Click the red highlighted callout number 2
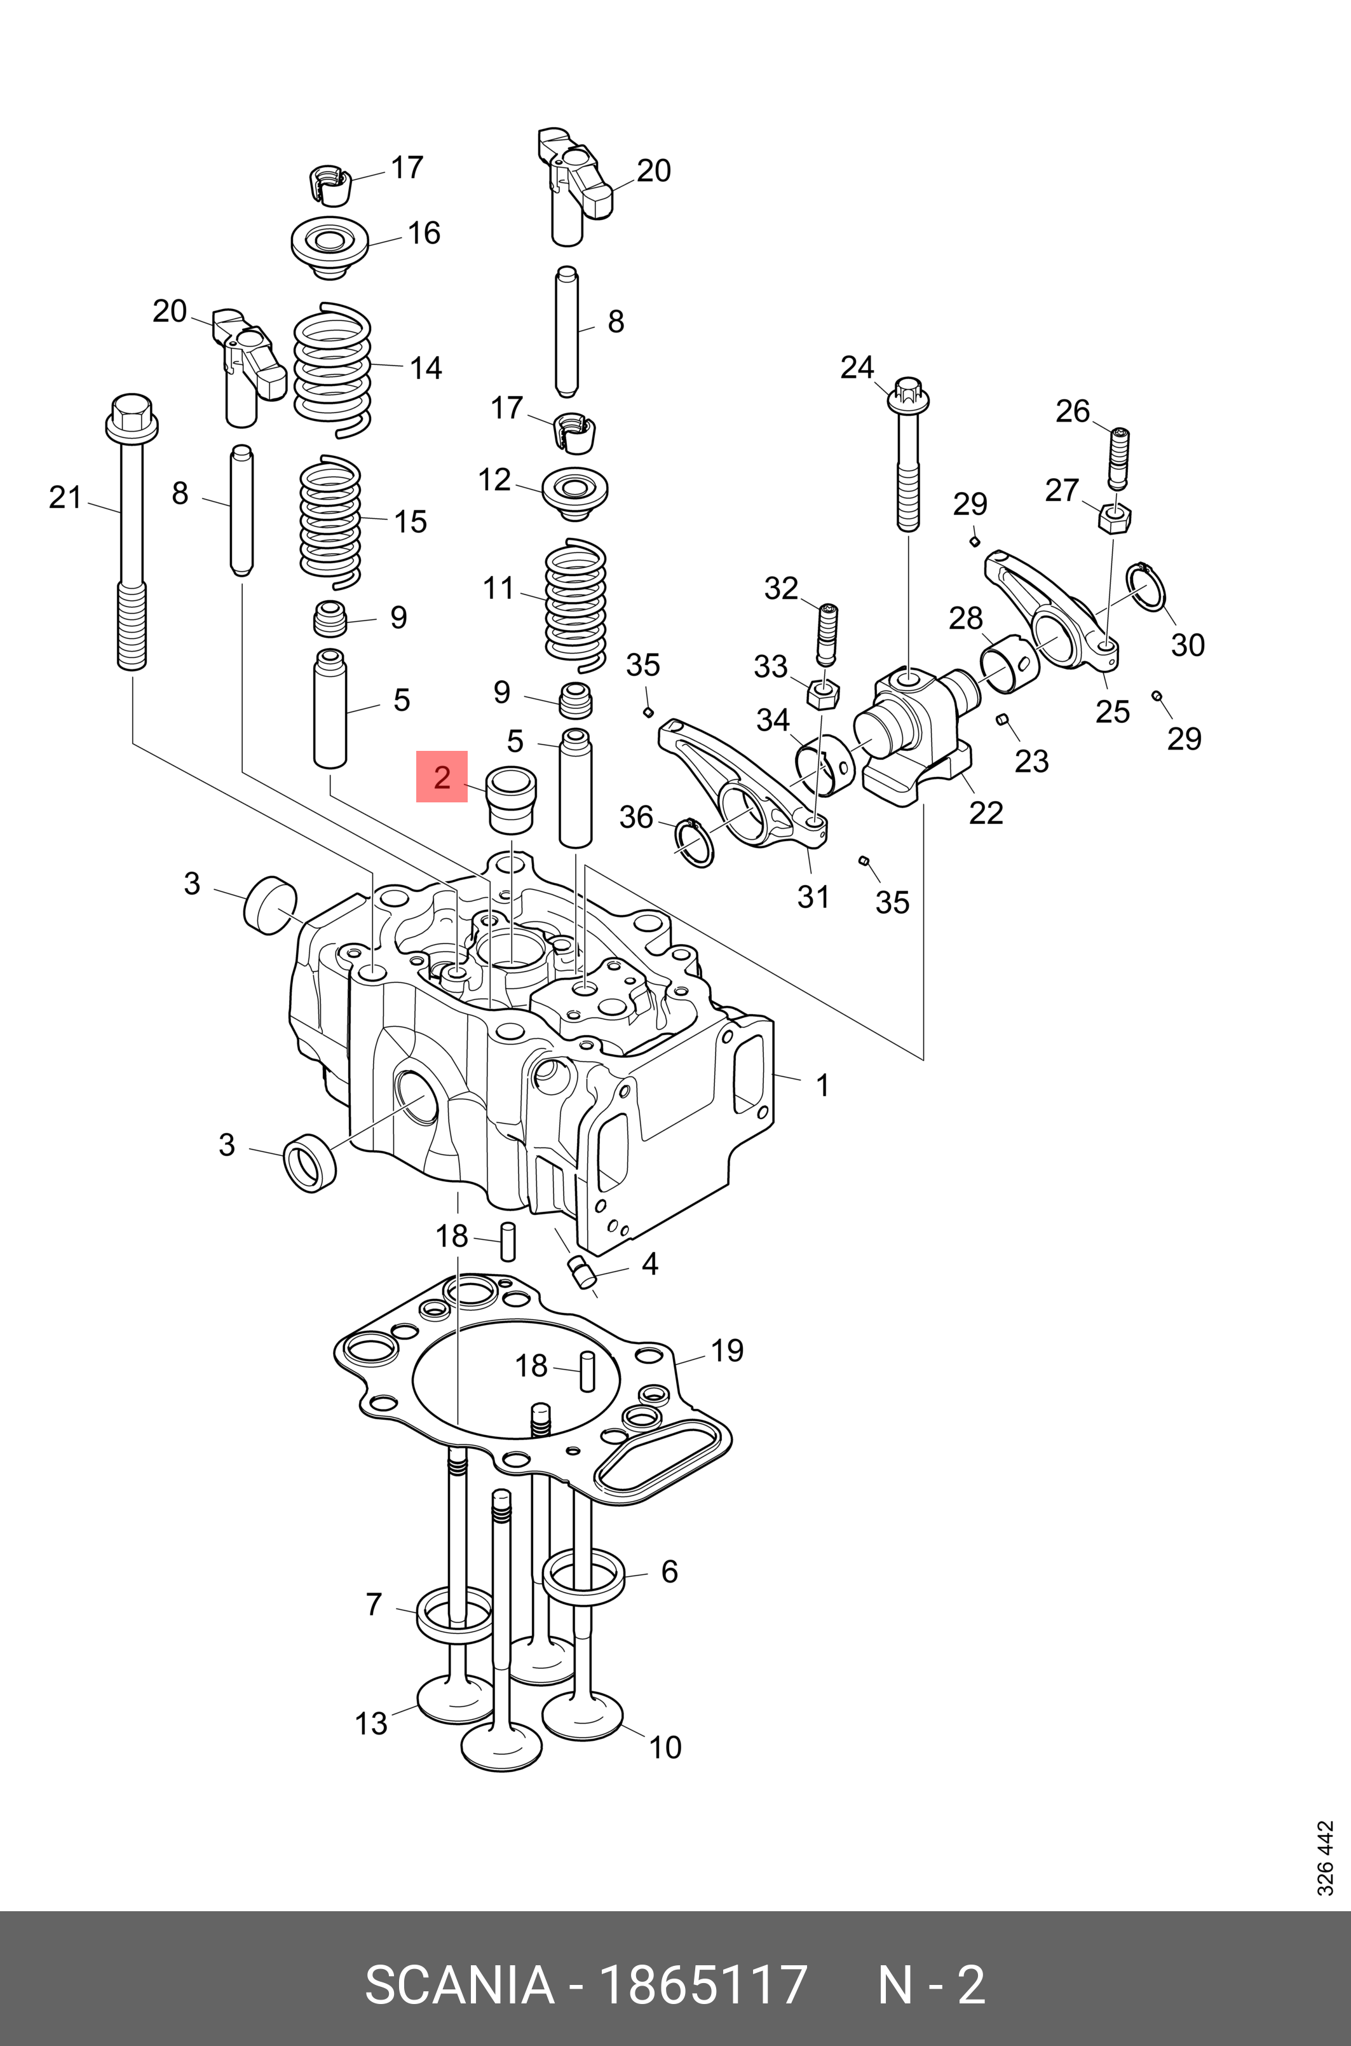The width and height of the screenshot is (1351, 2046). [x=441, y=776]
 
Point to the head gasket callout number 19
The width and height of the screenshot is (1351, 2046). [x=726, y=1350]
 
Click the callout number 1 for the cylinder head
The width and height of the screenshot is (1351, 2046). [x=823, y=1085]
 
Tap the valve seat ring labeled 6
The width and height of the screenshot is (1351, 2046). [x=583, y=1576]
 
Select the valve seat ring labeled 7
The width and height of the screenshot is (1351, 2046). [x=455, y=1614]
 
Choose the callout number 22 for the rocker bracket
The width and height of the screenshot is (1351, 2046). [x=986, y=812]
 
